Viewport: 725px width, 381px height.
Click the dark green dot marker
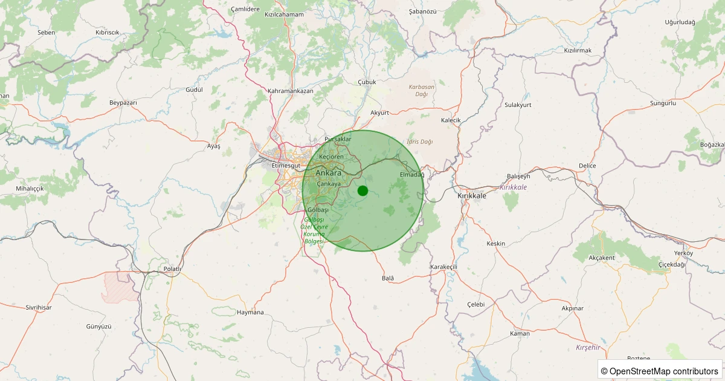[362, 190]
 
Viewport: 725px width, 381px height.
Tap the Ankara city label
[329, 173]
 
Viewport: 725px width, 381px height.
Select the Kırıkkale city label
[472, 196]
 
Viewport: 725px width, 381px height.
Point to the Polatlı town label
[172, 269]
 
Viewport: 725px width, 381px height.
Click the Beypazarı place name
[123, 103]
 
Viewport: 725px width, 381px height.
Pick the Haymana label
[251, 313]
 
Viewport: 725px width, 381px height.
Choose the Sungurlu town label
[663, 103]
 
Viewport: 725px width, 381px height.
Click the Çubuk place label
[367, 82]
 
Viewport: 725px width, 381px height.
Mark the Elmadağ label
[412, 175]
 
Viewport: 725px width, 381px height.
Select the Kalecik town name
[451, 120]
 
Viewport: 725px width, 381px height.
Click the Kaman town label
[520, 333]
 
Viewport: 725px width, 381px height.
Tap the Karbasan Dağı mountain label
[422, 90]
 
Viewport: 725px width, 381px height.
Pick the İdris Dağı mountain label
[420, 142]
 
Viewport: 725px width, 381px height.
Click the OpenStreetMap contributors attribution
[659, 371]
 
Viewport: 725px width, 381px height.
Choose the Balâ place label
[388, 278]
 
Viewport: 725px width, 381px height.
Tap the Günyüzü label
[99, 326]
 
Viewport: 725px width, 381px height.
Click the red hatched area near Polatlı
[121, 287]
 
